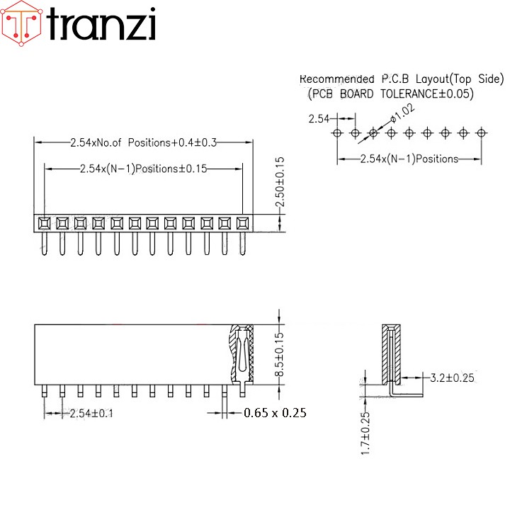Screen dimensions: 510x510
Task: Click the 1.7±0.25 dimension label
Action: (365, 433)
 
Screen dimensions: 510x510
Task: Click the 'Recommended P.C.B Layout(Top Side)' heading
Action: (401, 79)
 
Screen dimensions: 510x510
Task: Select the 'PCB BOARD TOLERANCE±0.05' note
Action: (391, 93)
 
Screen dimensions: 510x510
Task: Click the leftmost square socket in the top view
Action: (44, 223)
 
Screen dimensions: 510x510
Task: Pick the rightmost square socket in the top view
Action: (242, 223)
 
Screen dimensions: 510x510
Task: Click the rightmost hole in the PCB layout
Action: (481, 132)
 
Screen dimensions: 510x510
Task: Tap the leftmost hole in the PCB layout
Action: (337, 132)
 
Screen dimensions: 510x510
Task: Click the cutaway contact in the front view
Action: (241, 353)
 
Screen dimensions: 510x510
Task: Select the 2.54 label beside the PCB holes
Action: (318, 119)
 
